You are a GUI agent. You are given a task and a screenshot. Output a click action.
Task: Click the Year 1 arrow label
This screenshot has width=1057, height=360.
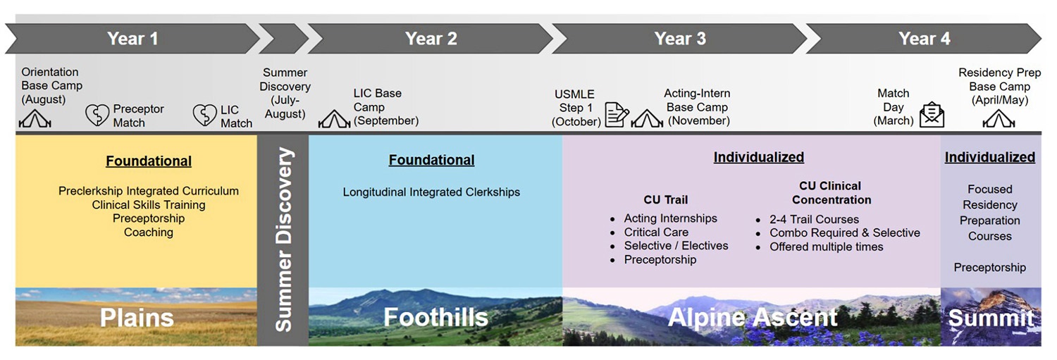132,39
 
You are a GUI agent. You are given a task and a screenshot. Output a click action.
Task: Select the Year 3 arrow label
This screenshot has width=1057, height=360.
679,39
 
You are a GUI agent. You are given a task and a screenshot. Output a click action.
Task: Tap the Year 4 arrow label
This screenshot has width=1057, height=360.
924,39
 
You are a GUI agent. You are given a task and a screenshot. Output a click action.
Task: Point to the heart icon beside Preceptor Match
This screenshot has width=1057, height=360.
97,115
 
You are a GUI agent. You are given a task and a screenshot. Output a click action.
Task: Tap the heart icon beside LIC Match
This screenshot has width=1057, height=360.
205,115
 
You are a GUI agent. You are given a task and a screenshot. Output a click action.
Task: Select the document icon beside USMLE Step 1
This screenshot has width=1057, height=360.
617,115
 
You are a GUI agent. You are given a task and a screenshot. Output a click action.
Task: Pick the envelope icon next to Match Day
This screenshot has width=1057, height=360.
932,114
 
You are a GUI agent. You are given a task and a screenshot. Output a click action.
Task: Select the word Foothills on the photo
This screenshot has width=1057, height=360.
435,318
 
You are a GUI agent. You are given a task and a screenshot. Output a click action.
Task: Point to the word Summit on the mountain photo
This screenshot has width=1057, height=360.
990,318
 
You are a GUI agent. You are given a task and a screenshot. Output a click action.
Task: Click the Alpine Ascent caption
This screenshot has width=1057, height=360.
752,318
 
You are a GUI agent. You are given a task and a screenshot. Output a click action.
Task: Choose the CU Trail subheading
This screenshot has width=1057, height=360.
665,199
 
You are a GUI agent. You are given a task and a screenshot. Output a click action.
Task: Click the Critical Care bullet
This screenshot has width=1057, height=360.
656,232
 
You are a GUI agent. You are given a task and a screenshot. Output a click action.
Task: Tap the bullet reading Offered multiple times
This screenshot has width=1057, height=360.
826,247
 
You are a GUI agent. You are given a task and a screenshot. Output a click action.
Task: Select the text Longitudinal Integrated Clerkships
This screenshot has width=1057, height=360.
431,192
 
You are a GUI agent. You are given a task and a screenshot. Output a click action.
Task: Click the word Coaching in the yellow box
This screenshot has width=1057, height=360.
148,232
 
